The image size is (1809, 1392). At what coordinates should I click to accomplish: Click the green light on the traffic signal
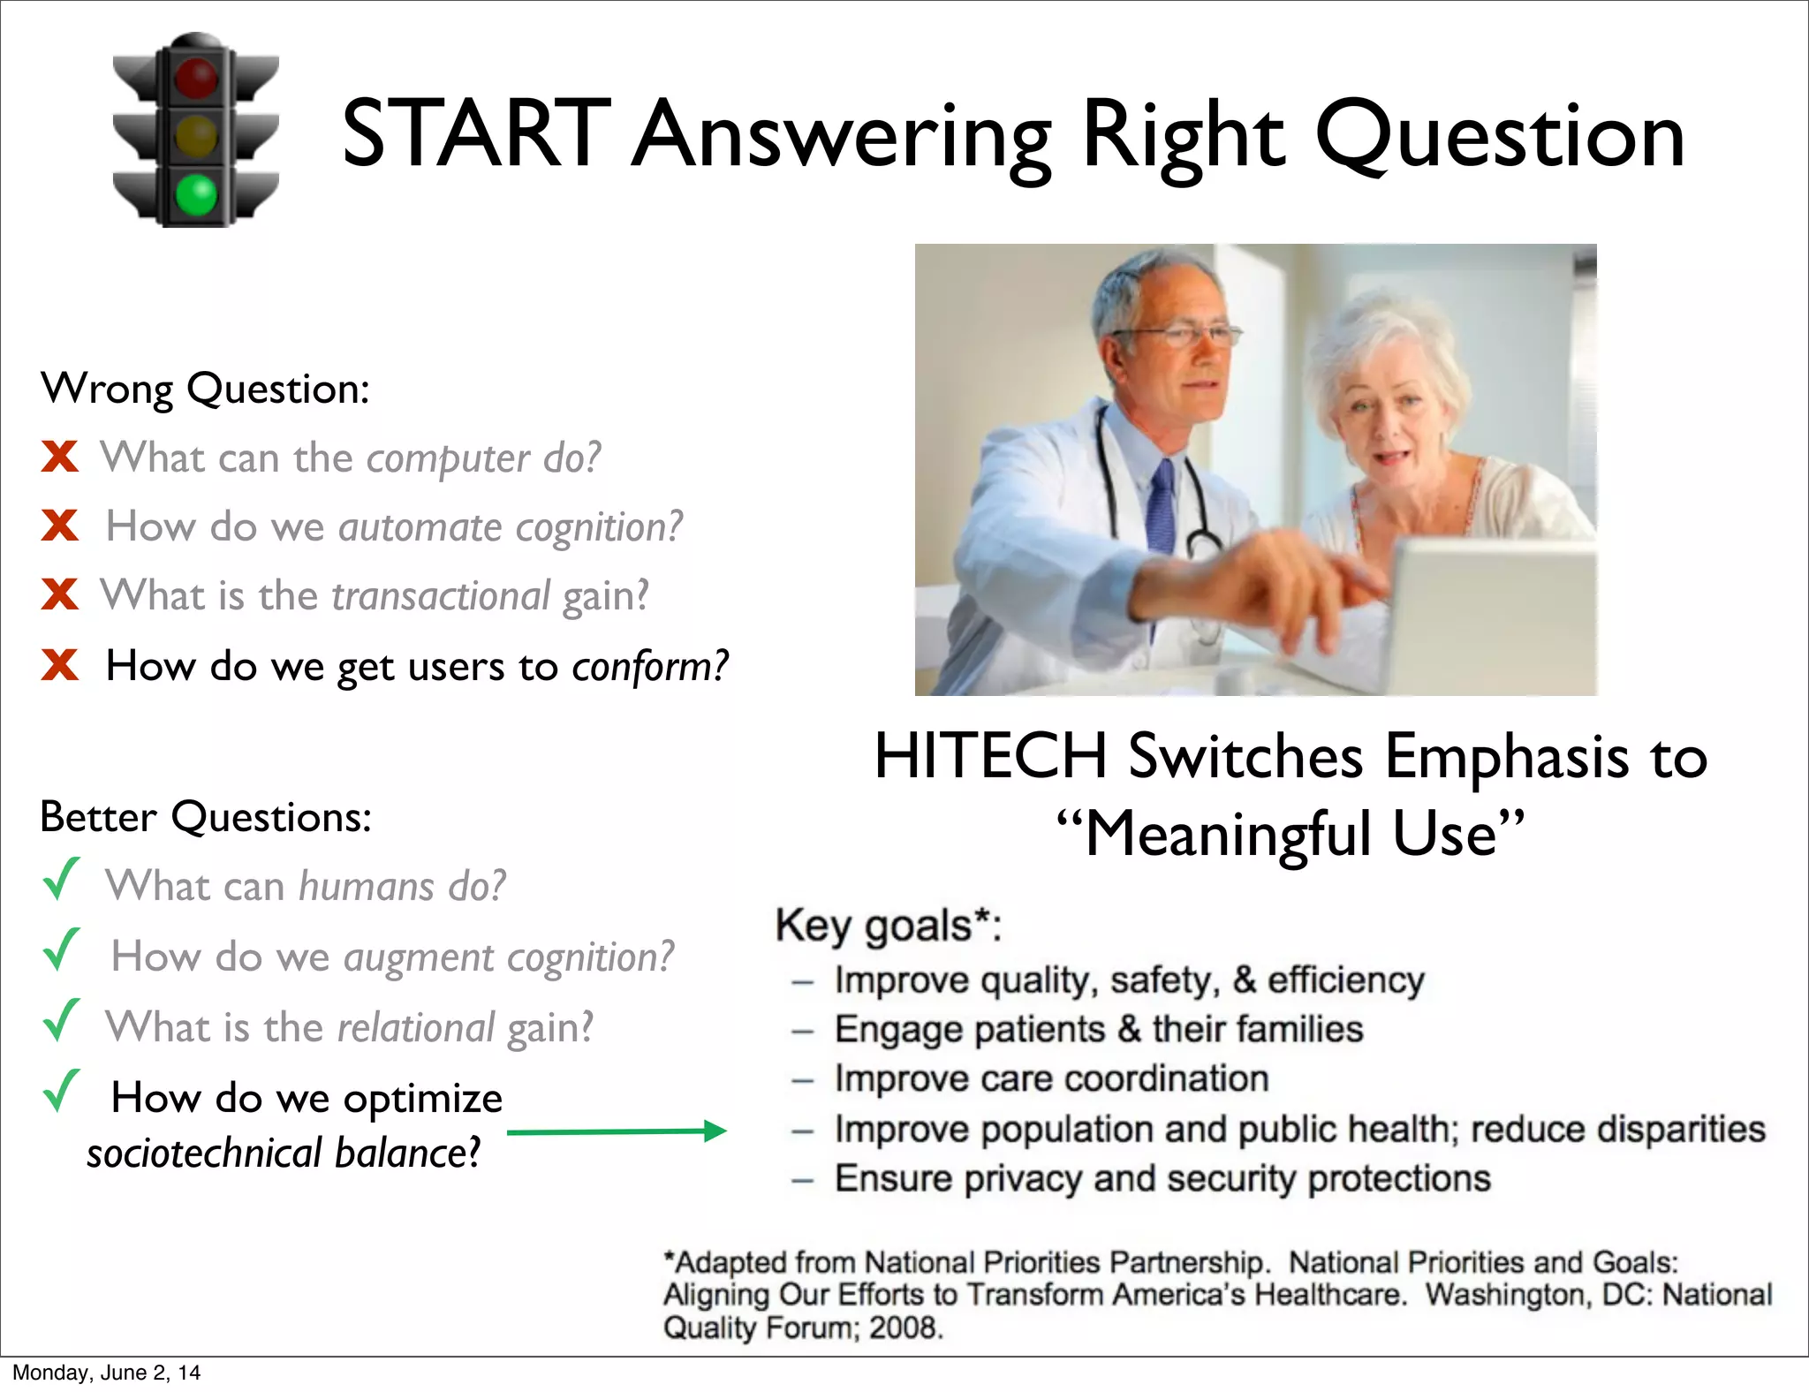[196, 194]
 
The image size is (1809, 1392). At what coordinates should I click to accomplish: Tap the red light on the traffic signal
[196, 78]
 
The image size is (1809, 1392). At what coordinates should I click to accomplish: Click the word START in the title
[475, 134]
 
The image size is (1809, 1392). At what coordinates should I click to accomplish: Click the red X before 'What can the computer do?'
[59, 458]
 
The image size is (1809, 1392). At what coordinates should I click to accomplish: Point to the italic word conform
[650, 666]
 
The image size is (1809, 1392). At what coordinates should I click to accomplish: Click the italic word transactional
[441, 595]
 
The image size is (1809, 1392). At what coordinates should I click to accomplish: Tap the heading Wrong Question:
[205, 389]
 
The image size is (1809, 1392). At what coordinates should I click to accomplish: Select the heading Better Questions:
[205, 817]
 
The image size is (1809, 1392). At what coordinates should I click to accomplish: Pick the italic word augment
[419, 957]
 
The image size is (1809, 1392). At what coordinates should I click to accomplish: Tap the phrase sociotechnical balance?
[284, 1154]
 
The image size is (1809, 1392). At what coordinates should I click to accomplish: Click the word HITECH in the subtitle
[990, 757]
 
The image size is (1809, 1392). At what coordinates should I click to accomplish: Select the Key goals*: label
[888, 927]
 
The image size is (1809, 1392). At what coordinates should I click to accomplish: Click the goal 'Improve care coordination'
[1051, 1079]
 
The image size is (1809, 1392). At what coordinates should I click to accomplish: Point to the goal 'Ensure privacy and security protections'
[1162, 1179]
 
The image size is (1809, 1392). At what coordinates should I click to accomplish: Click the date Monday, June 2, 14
[106, 1373]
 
